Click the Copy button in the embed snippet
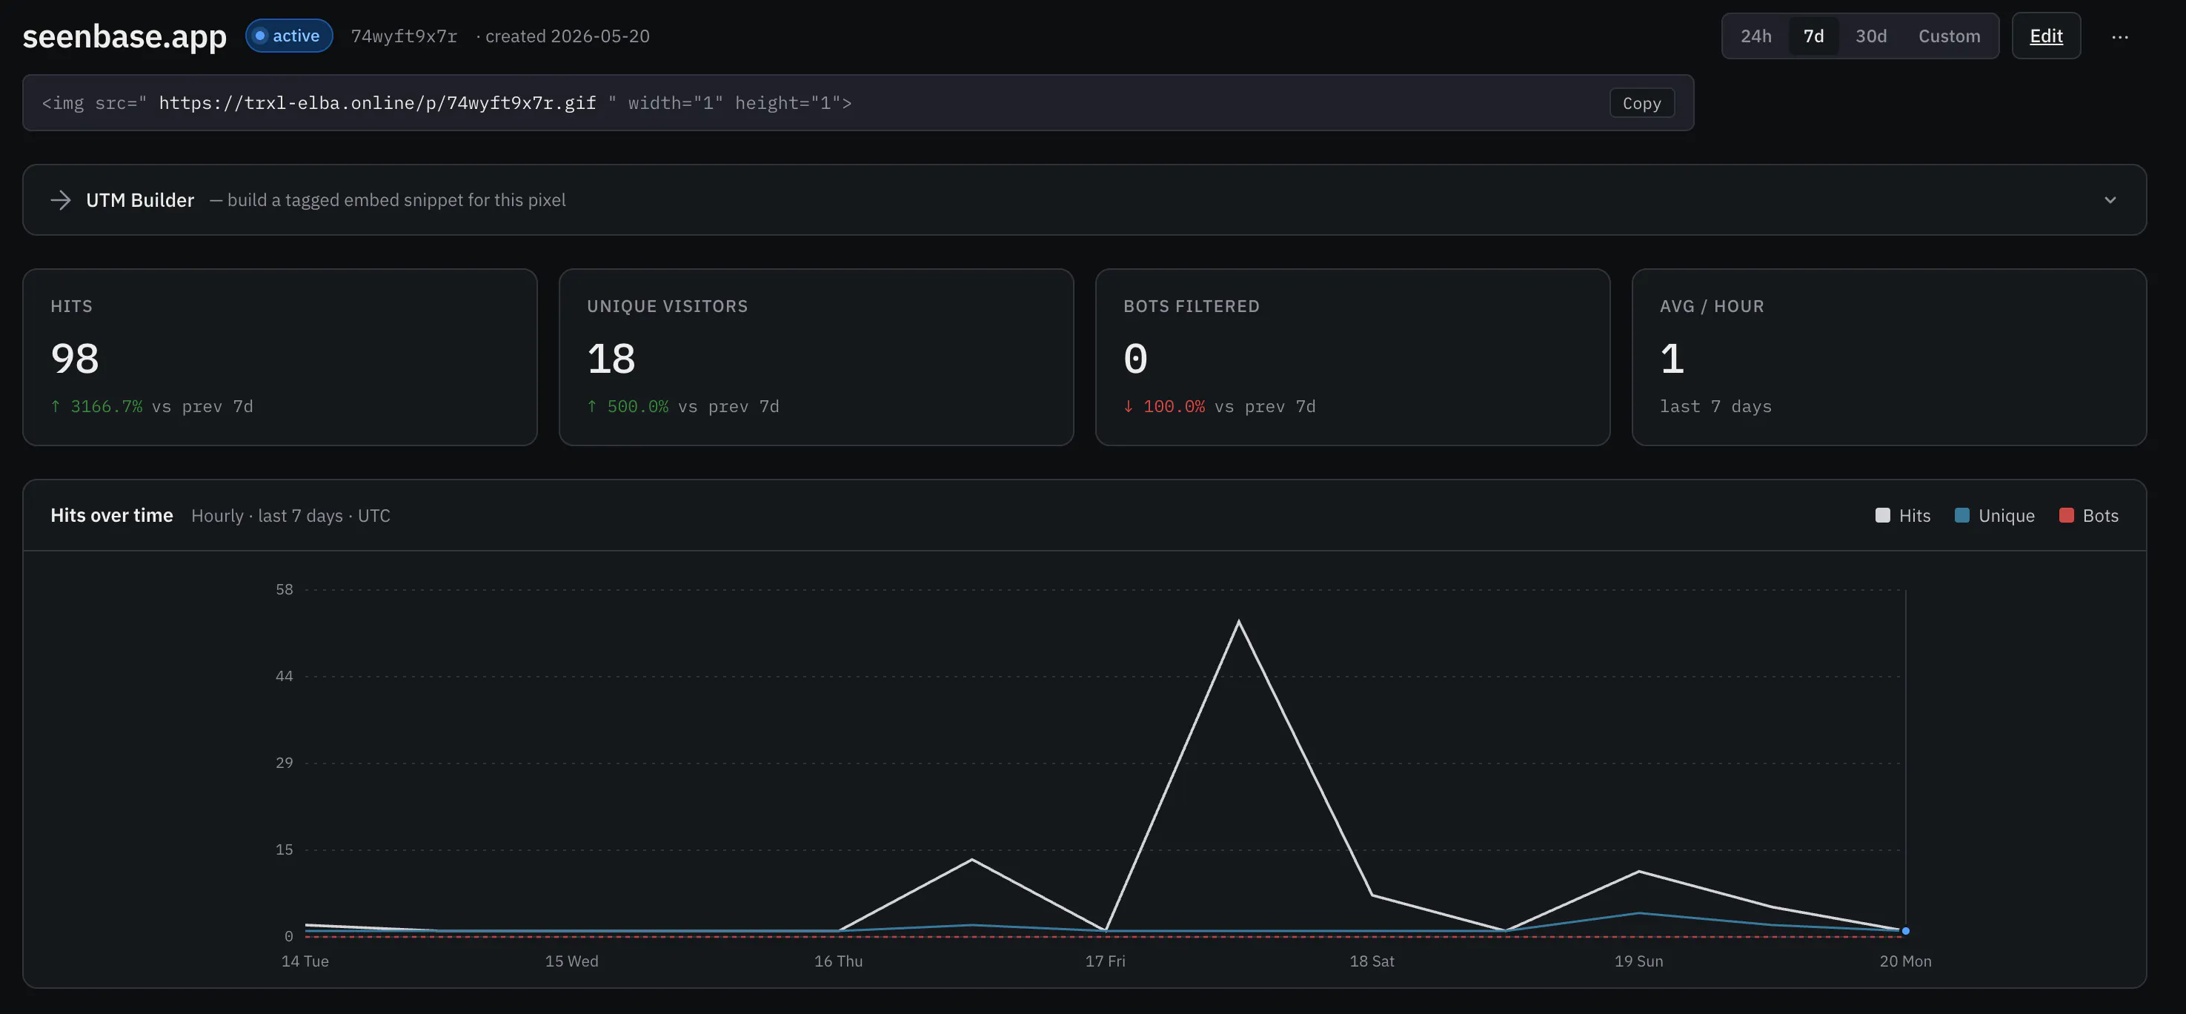1641,104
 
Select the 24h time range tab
1755,36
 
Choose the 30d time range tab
1870,36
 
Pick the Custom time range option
1949,36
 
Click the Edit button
2046,36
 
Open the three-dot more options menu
2120,36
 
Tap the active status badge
288,36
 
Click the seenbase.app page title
124,36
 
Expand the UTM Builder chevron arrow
2110,200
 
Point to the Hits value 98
75,358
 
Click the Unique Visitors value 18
611,358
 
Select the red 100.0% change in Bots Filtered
1174,406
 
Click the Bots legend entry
2088,516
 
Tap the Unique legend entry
1994,516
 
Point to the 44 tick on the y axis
285,676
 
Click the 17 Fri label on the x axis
1105,961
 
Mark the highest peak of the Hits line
1239,621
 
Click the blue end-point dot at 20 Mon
1905,931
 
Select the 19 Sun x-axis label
1638,961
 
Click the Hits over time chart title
112,516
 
